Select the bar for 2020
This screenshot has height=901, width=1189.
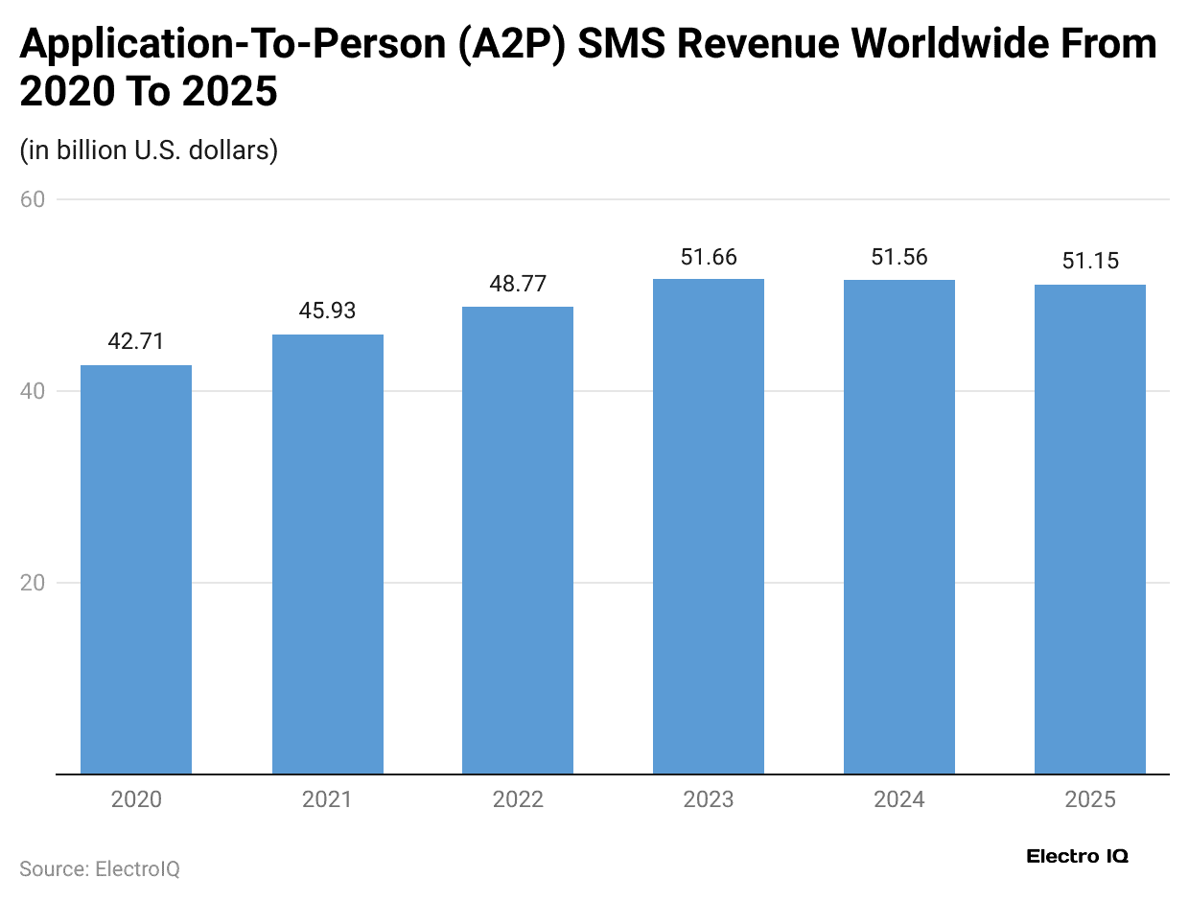(x=136, y=569)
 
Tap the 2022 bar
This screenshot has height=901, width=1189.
(x=518, y=541)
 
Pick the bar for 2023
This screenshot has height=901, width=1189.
(x=709, y=526)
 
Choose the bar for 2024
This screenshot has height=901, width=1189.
(x=899, y=527)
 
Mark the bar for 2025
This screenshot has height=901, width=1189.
(x=1090, y=529)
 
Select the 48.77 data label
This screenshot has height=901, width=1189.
(x=518, y=285)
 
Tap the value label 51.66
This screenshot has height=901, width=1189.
(x=709, y=258)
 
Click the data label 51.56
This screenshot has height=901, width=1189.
(x=899, y=258)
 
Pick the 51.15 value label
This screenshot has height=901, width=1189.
(x=1090, y=262)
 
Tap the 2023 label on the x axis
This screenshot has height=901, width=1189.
(x=709, y=799)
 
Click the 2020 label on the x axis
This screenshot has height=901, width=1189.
(x=136, y=799)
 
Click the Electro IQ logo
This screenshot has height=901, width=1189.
(x=1077, y=856)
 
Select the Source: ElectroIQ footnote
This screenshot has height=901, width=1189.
(x=100, y=869)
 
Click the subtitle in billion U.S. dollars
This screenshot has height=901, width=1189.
(x=149, y=150)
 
